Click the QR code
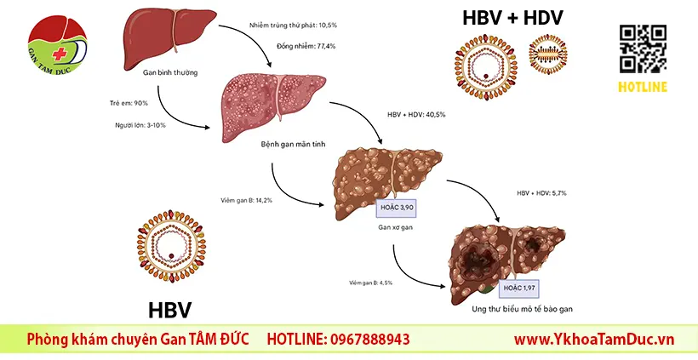[x=643, y=49]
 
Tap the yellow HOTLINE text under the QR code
[x=643, y=87]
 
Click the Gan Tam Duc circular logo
[x=57, y=44]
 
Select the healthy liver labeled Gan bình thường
[x=169, y=38]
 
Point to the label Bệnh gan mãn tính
[x=293, y=144]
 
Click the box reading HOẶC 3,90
[x=396, y=208]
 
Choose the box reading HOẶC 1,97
[x=519, y=289]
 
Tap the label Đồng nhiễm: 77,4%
[x=306, y=46]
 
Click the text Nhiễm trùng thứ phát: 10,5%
[x=293, y=26]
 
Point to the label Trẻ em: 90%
[x=129, y=103]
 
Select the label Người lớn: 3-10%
[x=140, y=125]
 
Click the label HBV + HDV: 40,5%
[x=416, y=115]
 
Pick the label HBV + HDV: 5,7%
[x=541, y=193]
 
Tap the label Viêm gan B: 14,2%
[x=246, y=200]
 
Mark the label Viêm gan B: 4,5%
[x=370, y=283]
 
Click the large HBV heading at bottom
[x=169, y=310]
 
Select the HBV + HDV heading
[x=512, y=18]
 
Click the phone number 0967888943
[x=368, y=340]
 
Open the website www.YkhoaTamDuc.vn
[x=594, y=340]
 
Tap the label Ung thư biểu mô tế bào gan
[x=522, y=309]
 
